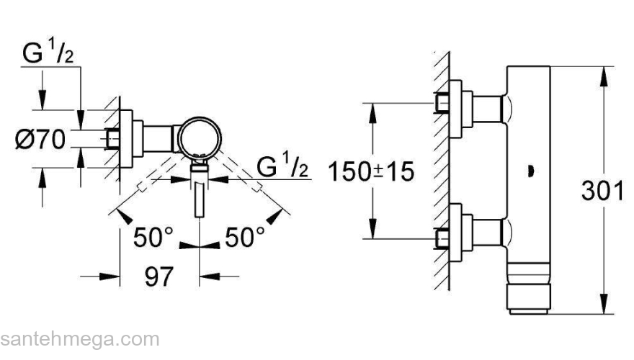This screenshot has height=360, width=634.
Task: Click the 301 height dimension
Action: click(x=602, y=191)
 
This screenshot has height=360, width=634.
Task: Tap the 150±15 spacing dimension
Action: click(x=371, y=171)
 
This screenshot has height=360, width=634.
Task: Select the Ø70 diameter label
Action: click(x=40, y=140)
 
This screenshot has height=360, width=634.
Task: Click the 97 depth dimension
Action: click(x=159, y=276)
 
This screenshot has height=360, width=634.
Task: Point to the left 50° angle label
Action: click(x=153, y=237)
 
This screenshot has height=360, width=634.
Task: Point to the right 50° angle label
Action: click(x=245, y=237)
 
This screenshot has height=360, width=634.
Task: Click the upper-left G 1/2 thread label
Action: click(x=48, y=52)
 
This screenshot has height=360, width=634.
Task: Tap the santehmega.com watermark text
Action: click(x=80, y=340)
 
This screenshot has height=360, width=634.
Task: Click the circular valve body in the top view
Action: click(x=200, y=138)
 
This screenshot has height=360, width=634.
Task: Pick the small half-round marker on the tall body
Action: click(x=531, y=171)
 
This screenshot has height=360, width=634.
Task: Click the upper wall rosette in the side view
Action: click(x=455, y=109)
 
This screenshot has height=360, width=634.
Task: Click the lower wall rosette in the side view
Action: click(x=455, y=233)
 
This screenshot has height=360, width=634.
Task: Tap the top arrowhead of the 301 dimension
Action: click(x=604, y=76)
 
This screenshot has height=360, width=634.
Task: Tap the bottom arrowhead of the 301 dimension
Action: click(x=604, y=304)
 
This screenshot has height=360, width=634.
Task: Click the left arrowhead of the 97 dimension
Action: click(x=110, y=276)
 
